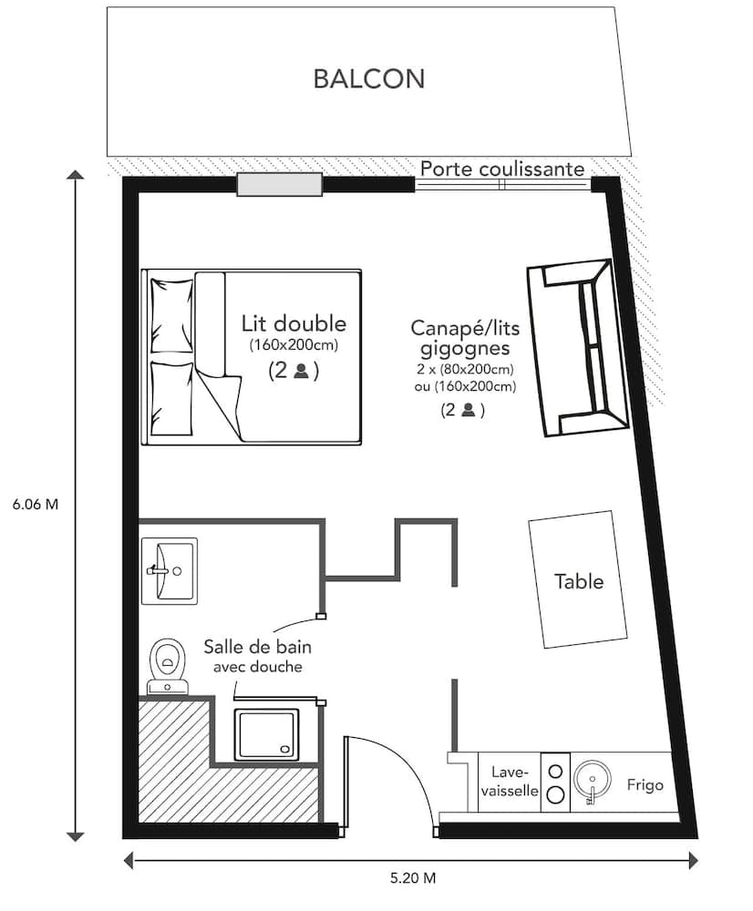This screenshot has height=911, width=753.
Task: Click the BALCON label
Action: coord(368,78)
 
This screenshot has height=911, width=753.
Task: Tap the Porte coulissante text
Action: coord(501,169)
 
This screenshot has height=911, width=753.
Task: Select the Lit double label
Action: coord(294,323)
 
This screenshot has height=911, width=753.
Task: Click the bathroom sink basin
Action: coord(170,570)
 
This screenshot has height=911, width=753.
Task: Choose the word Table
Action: coord(579,580)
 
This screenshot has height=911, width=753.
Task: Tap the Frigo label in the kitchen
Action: coord(645,784)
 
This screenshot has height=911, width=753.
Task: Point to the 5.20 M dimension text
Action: coord(412,879)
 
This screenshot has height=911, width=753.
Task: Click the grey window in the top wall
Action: coord(280,185)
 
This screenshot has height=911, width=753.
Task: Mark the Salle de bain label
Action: coord(254,648)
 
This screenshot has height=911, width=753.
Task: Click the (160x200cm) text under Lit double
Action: coord(294,345)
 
